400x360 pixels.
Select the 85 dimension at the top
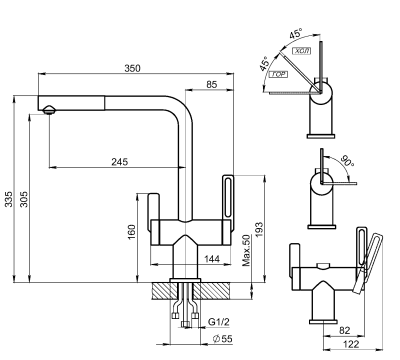211,85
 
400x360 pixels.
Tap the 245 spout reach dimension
120,161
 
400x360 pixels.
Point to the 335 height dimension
10,201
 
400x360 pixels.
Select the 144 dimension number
211,259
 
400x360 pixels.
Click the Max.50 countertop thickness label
246,251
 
